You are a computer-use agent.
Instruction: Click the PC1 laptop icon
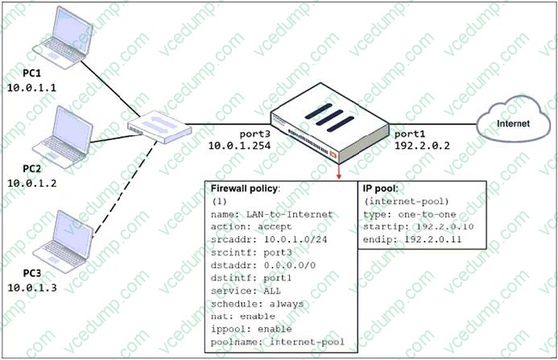[63, 38]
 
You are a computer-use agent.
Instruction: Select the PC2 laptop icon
[63, 137]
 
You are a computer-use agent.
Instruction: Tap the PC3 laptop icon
[63, 242]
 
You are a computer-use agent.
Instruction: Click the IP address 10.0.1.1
[32, 88]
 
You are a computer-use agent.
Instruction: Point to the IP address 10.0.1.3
[32, 288]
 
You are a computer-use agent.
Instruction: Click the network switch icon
[159, 126]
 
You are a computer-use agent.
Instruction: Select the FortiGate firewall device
[329, 123]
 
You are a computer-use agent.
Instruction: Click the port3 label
[254, 134]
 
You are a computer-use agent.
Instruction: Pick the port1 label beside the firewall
[410, 134]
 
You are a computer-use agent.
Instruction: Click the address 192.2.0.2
[422, 146]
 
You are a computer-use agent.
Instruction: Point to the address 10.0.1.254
[239, 146]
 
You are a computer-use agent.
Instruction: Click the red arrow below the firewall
[339, 172]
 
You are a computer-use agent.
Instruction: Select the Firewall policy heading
[245, 188]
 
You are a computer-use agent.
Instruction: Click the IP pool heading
[380, 188]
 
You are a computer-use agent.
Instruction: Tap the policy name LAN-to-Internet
[289, 214]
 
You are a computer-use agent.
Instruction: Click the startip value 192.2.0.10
[444, 227]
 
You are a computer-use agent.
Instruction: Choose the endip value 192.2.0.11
[432, 239]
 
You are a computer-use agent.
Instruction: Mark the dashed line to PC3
[125, 188]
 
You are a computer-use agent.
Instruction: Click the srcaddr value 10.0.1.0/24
[296, 240]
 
